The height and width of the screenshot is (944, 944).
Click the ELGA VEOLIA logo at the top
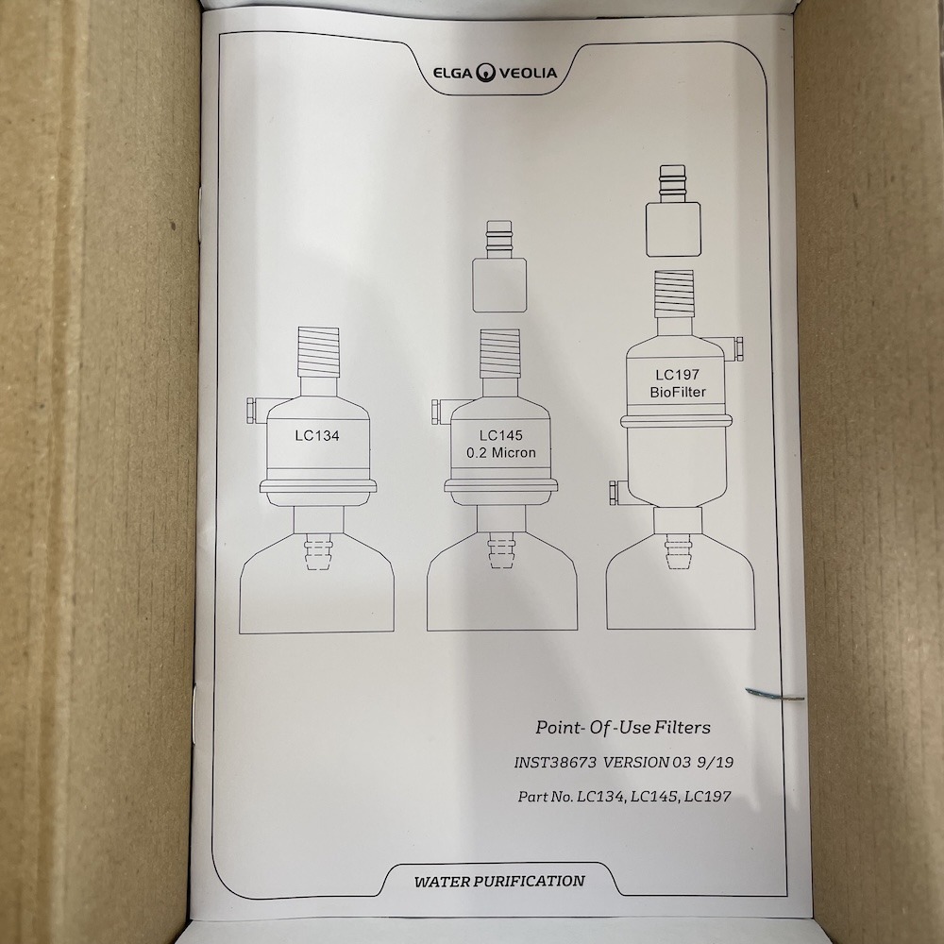point(495,73)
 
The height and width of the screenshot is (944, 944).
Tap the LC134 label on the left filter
point(317,435)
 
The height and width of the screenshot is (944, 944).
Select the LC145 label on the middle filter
point(501,435)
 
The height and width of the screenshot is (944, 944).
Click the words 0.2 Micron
point(501,453)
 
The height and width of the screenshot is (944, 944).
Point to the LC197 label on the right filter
point(677,375)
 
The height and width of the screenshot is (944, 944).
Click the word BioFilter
point(677,392)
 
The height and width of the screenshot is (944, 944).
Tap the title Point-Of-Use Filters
point(623,727)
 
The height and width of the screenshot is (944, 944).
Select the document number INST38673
point(555,762)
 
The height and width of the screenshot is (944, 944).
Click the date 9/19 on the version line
point(716,762)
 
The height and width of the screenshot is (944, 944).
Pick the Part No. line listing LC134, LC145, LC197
point(624,797)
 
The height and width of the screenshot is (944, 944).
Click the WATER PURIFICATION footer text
point(499,882)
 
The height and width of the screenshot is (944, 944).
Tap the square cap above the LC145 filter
point(499,285)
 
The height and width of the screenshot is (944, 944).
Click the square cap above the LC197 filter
point(673,228)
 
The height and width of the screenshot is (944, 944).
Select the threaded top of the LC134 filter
point(318,352)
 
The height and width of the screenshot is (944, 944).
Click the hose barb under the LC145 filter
point(501,550)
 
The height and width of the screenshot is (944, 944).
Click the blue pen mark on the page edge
point(775,695)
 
